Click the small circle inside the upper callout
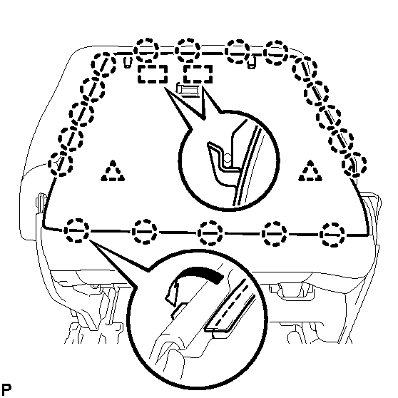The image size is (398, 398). [228, 158]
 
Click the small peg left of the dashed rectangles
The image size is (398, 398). [128, 63]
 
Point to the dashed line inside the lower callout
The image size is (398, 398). [232, 304]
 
